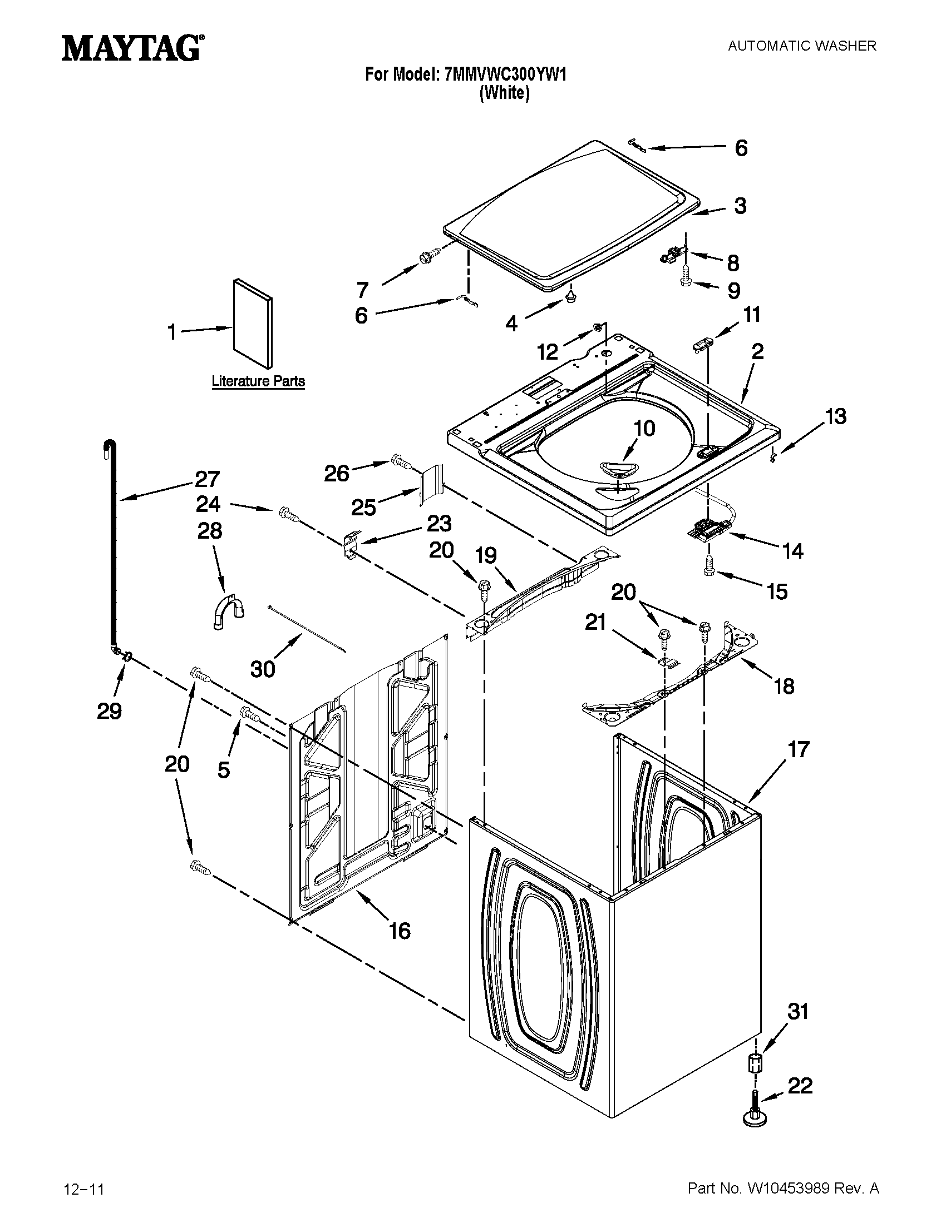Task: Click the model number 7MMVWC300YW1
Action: [504, 74]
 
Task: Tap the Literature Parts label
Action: [258, 381]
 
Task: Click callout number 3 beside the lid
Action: [740, 206]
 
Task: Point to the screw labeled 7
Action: [429, 256]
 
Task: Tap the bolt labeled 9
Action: [686, 277]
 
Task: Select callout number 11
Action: [752, 315]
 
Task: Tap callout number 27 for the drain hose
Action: [208, 479]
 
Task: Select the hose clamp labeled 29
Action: [126, 655]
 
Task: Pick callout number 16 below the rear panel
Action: [400, 931]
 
